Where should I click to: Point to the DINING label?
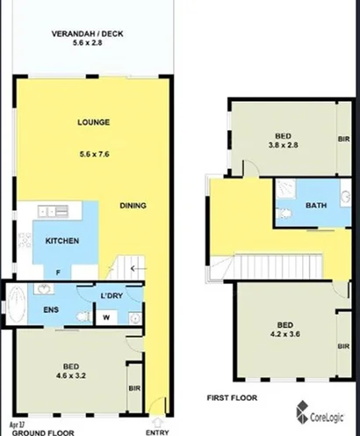click(x=133, y=207)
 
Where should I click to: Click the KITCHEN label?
click(x=62, y=241)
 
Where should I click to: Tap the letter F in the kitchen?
click(x=58, y=273)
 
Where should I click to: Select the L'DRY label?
click(x=110, y=296)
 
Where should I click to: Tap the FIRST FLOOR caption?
click(x=230, y=397)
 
